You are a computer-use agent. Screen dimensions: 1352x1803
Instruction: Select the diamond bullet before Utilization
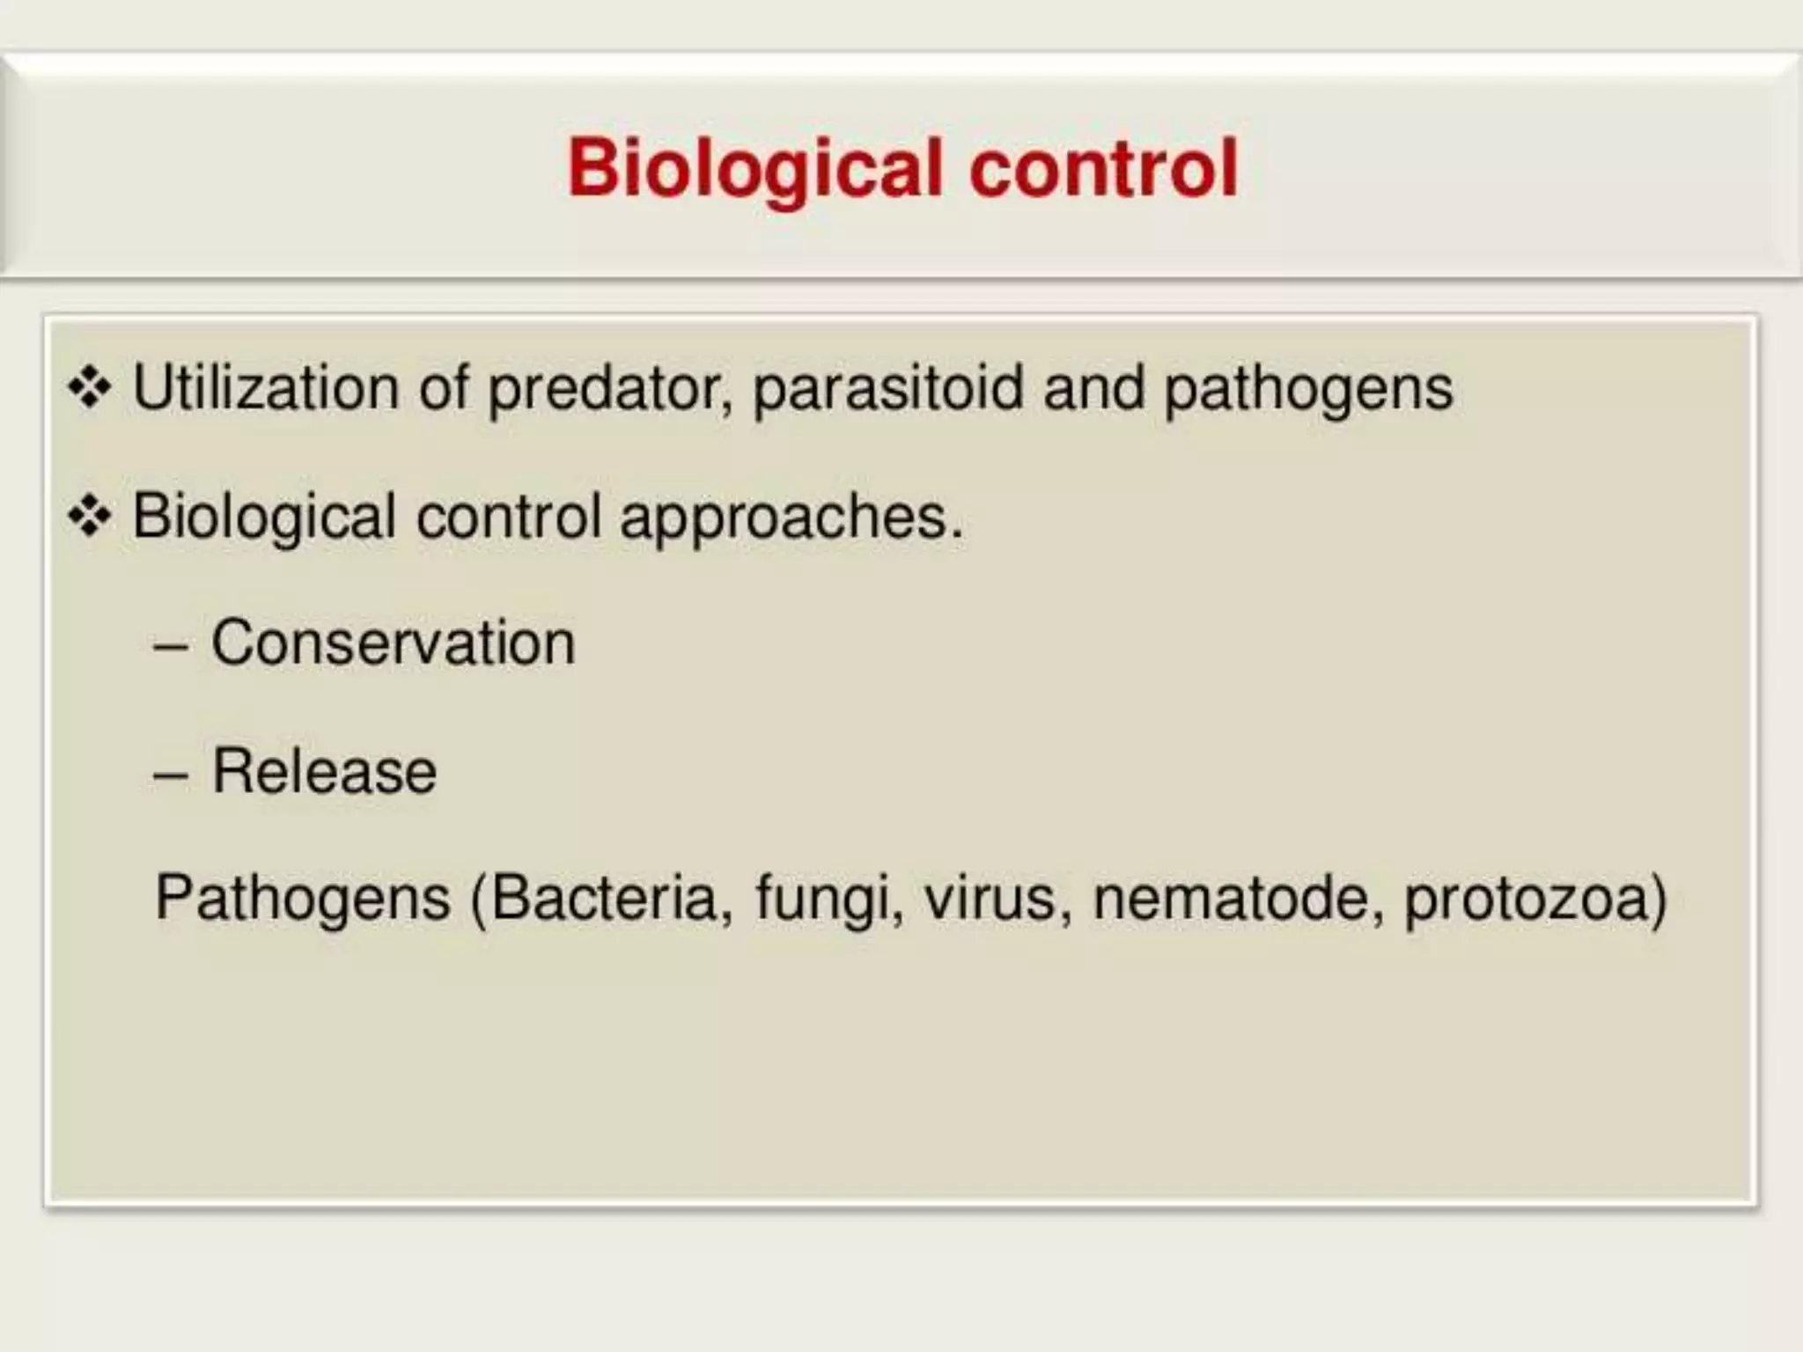coord(90,388)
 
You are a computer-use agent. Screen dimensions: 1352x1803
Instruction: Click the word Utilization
coord(265,388)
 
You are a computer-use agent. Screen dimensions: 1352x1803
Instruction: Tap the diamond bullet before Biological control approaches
coord(90,517)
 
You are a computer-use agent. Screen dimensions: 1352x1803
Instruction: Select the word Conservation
coord(393,643)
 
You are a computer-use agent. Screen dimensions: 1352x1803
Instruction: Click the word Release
coord(324,772)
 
